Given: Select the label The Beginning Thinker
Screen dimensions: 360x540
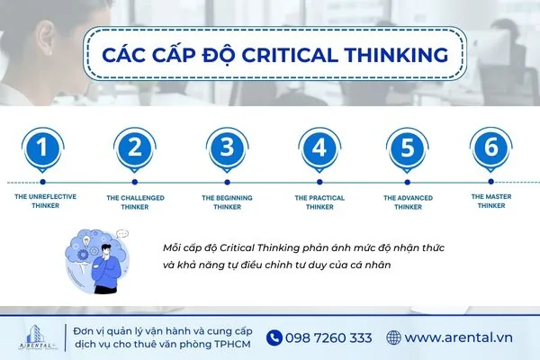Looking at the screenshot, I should [227, 201].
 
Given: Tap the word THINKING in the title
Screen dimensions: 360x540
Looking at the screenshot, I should [388, 55].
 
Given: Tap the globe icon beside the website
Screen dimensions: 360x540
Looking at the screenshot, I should [393, 337].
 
